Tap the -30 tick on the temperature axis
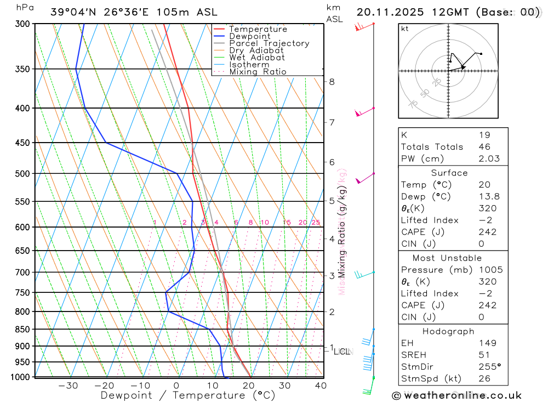pos(68,386)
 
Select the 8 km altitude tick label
pos(332,82)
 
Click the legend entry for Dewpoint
pos(251,36)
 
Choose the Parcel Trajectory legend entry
pos(269,43)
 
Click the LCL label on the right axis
pos(343,352)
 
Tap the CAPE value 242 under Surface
pos(487,232)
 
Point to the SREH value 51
pos(484,355)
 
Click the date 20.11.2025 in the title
pos(387,12)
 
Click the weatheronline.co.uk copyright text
pos(456,395)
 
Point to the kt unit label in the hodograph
pos(405,29)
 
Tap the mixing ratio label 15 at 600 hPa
pos(287,222)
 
